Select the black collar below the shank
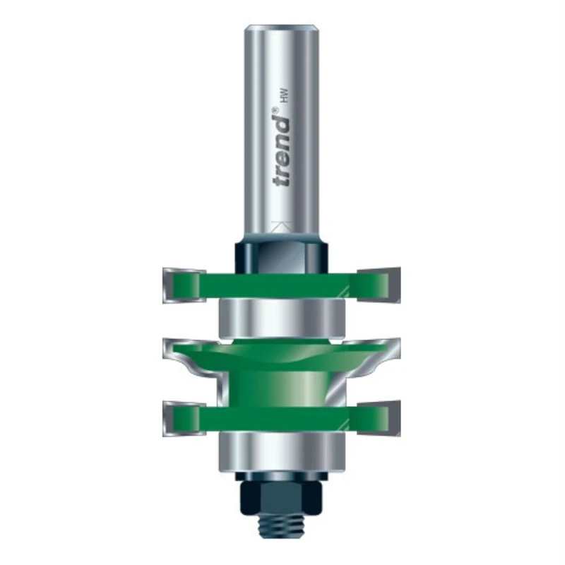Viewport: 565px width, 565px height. (x=282, y=254)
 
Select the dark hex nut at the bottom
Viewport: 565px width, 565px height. (x=282, y=493)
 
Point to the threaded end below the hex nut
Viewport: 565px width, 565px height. (x=282, y=526)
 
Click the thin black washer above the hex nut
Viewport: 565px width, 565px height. (x=282, y=474)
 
